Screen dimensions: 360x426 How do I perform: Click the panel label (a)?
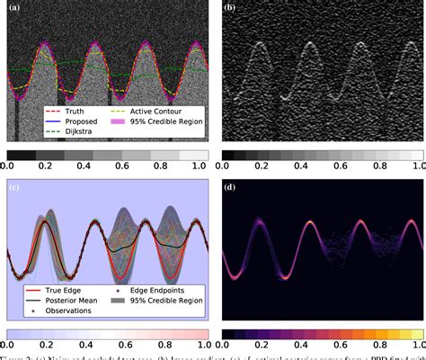pyautogui.click(x=15, y=11)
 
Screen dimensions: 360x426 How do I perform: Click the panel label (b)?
pyautogui.click(x=230, y=11)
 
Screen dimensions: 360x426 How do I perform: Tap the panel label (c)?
pyautogui.click(x=15, y=187)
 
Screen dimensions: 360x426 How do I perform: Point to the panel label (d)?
pyautogui.click(x=230, y=187)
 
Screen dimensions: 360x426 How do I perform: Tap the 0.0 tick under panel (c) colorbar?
pyautogui.click(x=7, y=345)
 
